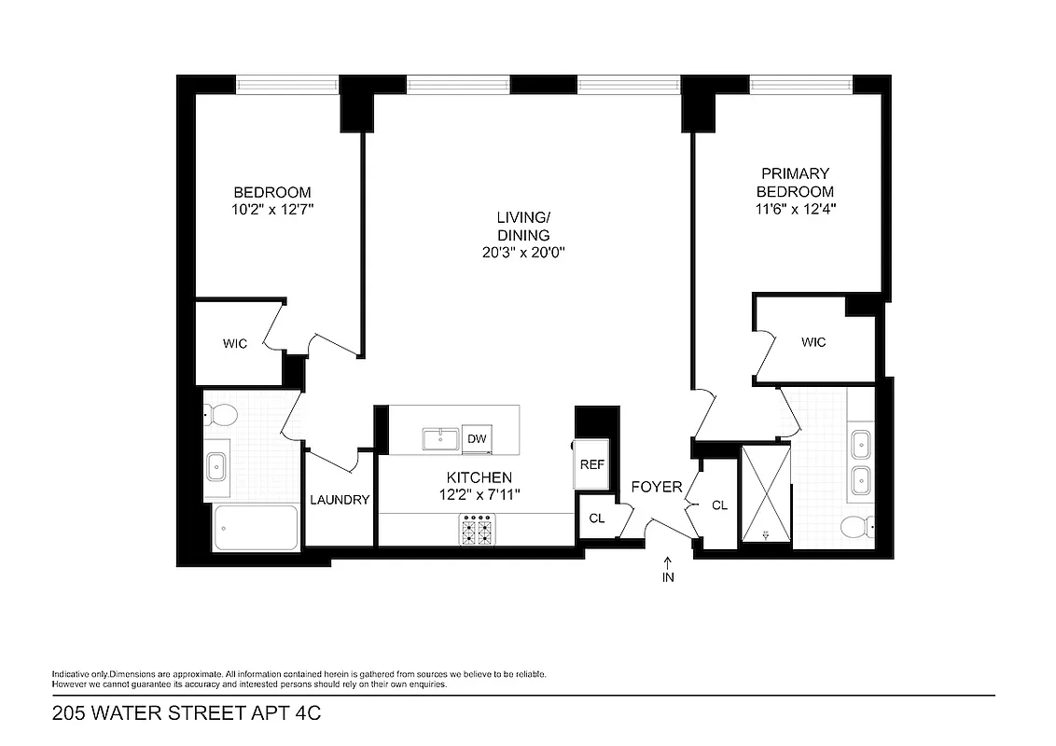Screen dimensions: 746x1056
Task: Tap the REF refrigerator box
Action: (591, 464)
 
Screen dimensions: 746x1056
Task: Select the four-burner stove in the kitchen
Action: (477, 531)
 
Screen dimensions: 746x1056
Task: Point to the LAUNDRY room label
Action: (340, 500)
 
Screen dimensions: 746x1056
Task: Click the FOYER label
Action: (657, 487)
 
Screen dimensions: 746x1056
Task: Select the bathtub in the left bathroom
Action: (256, 527)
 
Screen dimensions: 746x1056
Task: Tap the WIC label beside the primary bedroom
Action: (813, 342)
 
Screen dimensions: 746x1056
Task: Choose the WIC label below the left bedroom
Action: (235, 344)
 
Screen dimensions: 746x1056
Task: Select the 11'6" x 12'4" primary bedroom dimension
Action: (795, 210)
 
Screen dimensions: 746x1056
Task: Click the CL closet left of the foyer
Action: (597, 519)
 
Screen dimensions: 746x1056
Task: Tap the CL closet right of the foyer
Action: (718, 505)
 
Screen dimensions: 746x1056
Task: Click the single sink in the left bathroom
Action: (217, 463)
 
